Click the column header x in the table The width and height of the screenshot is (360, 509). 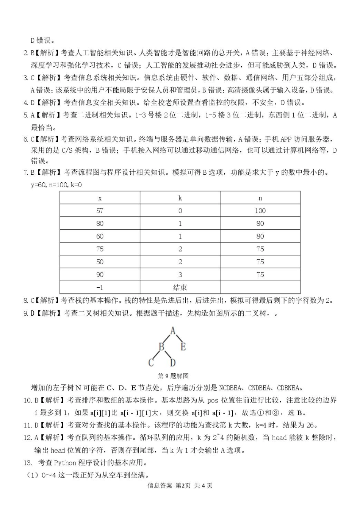point(100,198)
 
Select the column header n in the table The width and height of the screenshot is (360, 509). point(260,198)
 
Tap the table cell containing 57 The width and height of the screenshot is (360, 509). point(100,211)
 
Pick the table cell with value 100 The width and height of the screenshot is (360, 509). point(260,211)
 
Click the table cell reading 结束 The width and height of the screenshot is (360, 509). point(180,287)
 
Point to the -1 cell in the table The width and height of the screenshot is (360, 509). point(100,287)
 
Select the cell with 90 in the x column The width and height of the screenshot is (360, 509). point(100,274)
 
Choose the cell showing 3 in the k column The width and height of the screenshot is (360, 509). point(180,274)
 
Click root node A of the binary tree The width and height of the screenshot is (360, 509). point(173,330)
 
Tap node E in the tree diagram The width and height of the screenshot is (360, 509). point(183,346)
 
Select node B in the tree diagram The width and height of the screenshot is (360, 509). point(162,346)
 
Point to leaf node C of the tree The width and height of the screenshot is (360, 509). point(151,363)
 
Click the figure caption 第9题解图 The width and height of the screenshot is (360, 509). point(173,376)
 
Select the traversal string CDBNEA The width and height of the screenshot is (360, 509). point(289,388)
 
